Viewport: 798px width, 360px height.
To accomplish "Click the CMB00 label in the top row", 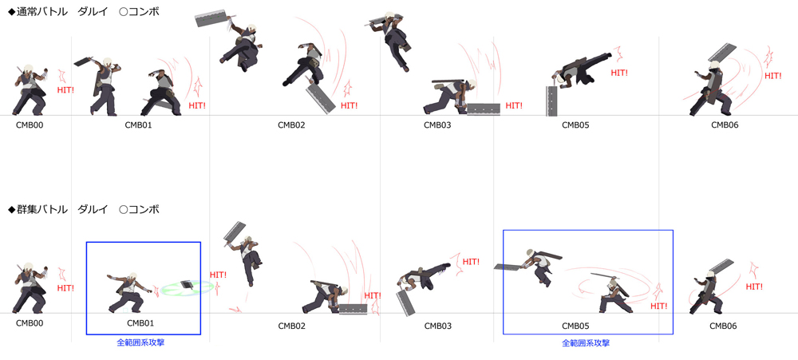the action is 29,125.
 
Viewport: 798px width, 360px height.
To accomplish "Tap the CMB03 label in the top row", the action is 437,125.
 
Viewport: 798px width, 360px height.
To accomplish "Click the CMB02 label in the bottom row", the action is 291,326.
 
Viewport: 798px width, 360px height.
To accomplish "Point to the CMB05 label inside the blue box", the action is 575,326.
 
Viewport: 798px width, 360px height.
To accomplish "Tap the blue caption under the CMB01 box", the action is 140,342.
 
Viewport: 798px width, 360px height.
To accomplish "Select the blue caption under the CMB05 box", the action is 586,343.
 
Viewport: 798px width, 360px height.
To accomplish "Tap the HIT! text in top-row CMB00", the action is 65,90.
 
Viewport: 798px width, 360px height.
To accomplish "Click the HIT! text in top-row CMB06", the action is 773,76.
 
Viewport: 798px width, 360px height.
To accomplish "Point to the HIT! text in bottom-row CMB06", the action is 754,287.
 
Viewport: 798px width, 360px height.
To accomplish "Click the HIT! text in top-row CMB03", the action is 514,106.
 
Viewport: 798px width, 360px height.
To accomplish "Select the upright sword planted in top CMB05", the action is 551,100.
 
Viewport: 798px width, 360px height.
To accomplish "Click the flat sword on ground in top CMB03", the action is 483,109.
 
